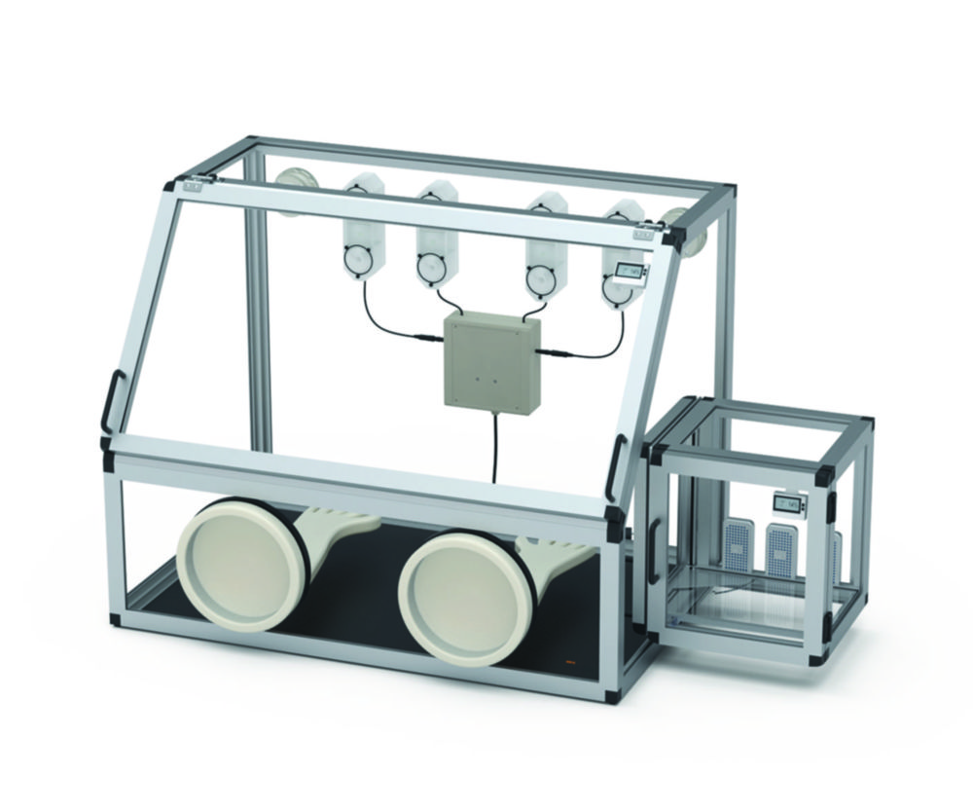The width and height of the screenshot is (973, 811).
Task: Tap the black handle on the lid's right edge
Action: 616,467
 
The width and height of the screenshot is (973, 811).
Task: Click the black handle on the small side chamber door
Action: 654,551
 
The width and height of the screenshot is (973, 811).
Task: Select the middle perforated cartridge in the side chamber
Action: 780,551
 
